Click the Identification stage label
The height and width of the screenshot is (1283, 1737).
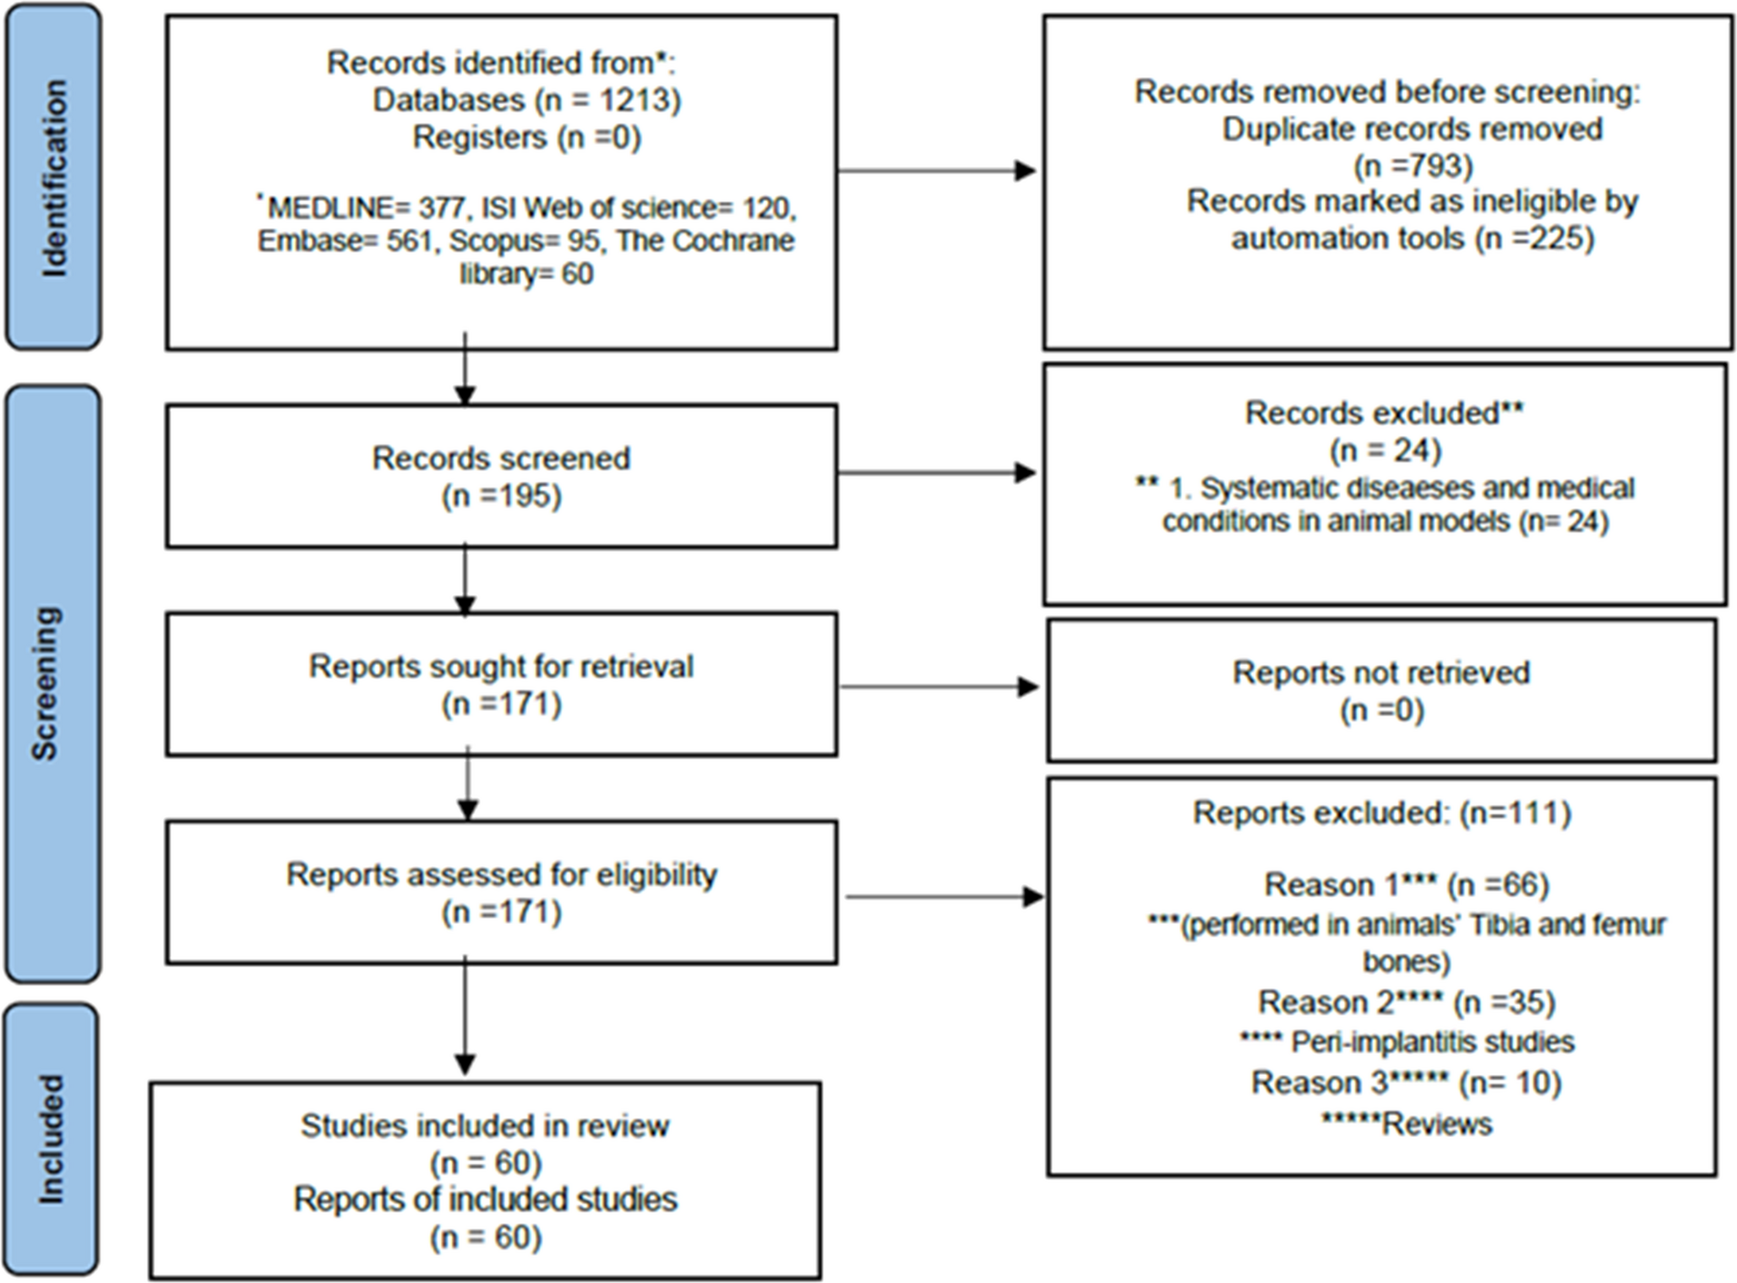(x=53, y=178)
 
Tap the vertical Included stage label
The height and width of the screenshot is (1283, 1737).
(x=52, y=1138)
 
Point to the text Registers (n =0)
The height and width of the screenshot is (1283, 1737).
(x=526, y=137)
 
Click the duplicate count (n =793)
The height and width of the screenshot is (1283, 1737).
(x=1413, y=165)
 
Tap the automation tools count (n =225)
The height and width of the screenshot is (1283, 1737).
(x=1534, y=238)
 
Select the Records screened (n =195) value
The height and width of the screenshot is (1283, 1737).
(x=502, y=496)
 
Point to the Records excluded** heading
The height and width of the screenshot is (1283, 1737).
(x=1384, y=413)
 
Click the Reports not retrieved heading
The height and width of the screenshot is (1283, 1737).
(x=1380, y=673)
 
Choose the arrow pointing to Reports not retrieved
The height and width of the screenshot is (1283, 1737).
(x=939, y=686)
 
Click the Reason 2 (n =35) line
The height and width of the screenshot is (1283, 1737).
(x=1406, y=1002)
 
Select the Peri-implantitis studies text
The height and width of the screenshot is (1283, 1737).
(x=1432, y=1042)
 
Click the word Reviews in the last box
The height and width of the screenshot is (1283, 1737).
(x=1437, y=1124)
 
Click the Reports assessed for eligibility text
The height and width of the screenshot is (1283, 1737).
(x=502, y=875)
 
